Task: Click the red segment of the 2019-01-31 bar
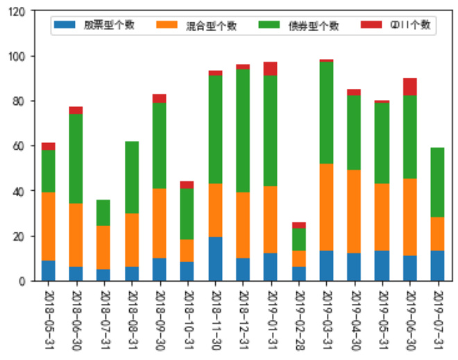271,69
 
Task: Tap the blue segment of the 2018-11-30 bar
215,259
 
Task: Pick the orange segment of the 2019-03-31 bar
326,207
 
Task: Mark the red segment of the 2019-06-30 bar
409,87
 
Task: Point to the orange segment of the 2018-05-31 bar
49,226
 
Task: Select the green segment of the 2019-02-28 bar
298,239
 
